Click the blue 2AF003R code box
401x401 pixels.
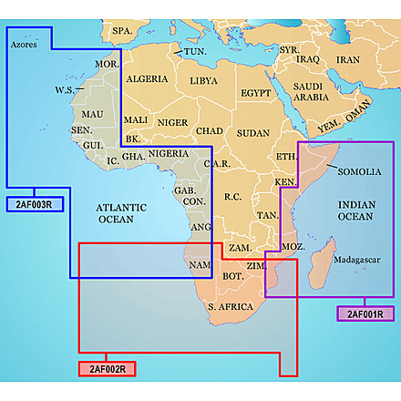[35, 204]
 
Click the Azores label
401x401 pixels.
[24, 43]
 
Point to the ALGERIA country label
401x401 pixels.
[146, 79]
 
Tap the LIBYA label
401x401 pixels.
[203, 80]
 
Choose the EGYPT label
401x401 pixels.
[256, 93]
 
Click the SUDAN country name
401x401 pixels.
[252, 133]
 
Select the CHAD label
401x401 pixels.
[210, 131]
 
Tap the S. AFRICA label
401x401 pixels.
[230, 307]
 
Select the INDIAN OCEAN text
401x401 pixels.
[355, 211]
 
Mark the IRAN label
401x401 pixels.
[348, 59]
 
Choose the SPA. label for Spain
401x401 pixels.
[122, 31]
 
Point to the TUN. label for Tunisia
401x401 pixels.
[194, 52]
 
